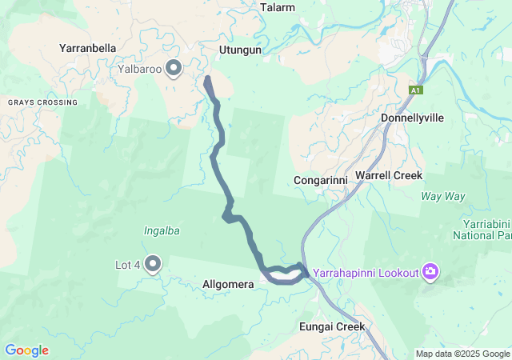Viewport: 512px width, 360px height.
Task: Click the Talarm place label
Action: click(x=278, y=8)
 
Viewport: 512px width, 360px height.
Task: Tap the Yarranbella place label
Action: click(x=88, y=48)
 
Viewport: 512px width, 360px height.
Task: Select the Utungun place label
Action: click(x=241, y=50)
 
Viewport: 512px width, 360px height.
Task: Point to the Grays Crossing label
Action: click(x=43, y=102)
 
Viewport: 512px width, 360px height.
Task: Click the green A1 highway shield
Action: click(x=415, y=90)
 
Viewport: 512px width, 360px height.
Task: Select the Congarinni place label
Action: click(x=320, y=180)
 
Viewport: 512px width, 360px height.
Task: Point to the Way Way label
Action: click(x=443, y=195)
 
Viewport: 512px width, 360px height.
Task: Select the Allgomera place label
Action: click(x=229, y=284)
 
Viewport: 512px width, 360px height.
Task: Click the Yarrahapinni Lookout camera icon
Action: click(x=431, y=273)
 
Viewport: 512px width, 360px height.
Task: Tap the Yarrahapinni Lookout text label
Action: click(x=366, y=274)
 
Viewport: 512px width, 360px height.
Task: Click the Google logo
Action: click(x=26, y=350)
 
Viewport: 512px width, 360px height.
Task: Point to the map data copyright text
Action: click(x=462, y=354)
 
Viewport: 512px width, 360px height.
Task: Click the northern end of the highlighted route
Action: click(x=208, y=79)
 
